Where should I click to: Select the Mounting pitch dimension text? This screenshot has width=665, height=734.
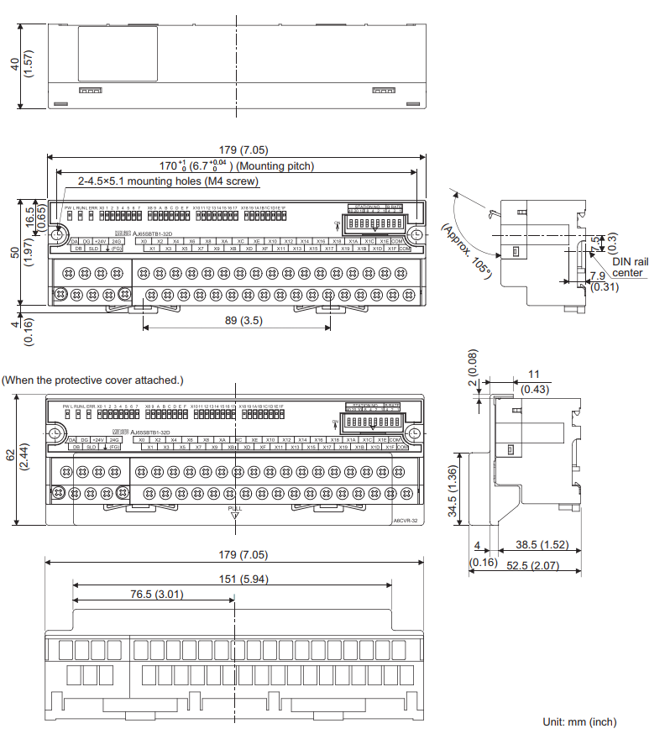237,166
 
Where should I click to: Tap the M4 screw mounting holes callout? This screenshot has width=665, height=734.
168,181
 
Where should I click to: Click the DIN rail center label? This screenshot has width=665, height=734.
630,267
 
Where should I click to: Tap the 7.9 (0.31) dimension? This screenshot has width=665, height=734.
600,281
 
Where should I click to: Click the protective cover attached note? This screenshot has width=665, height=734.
92,380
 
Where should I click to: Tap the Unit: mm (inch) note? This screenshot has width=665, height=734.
579,721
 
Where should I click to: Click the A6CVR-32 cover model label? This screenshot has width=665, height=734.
404,520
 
